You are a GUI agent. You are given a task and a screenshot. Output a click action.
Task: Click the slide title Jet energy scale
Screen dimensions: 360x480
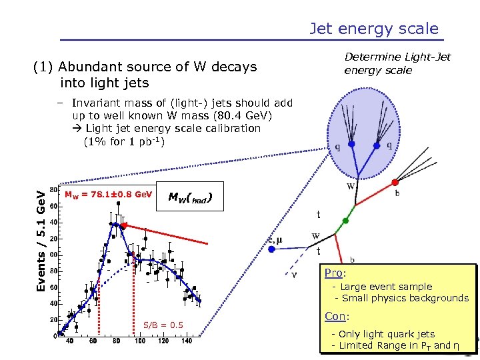point(373,29)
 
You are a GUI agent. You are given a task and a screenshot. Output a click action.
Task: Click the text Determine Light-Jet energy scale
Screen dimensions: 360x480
point(397,64)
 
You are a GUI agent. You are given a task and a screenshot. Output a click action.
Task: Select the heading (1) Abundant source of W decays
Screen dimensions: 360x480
point(145,67)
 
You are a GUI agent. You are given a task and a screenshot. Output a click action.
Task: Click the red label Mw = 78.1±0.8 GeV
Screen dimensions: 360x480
point(108,195)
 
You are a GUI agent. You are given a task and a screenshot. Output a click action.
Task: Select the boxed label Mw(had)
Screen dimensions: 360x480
point(190,197)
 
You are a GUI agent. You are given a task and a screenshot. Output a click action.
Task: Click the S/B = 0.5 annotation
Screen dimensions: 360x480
point(163,325)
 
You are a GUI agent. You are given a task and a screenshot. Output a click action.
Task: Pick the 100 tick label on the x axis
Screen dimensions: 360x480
point(140,340)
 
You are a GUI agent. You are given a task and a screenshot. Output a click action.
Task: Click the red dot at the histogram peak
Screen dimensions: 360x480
point(124,226)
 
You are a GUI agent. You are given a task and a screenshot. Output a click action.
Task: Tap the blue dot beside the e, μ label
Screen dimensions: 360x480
point(272,249)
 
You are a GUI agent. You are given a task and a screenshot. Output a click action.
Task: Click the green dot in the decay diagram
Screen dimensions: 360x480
point(345,220)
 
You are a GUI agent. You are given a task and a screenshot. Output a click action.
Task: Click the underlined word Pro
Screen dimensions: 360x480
point(334,273)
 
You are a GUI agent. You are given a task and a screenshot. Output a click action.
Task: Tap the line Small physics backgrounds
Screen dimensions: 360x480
point(401,298)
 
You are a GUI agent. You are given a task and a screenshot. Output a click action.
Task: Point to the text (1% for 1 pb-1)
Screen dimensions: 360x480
point(124,141)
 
